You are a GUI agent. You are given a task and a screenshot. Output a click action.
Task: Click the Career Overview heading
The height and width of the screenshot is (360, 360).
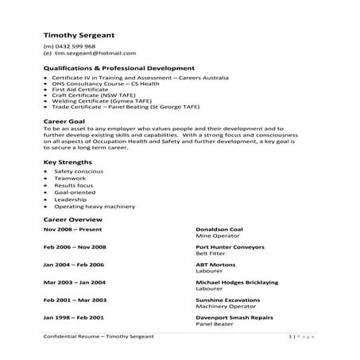[x=72, y=219]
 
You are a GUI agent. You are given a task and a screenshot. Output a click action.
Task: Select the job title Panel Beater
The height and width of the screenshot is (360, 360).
[x=212, y=323]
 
